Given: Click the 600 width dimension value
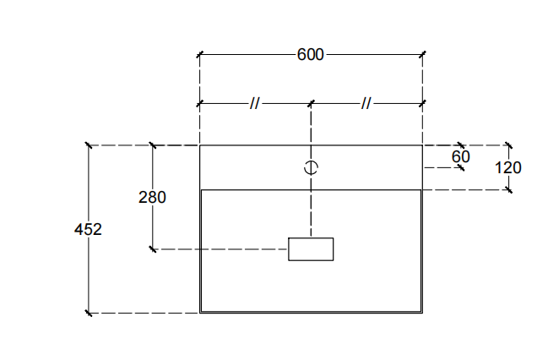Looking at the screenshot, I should coord(311,55).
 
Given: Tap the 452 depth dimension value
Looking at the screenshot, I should coord(88,229).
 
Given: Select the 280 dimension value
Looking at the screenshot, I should coord(152,197).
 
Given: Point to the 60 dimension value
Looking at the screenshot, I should coord(460,156).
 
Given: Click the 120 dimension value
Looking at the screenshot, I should coord(508,167).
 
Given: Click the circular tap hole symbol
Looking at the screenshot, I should coord(311,167).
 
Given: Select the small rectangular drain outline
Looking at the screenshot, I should coord(311,249).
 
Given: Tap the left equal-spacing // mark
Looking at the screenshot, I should coord(254,103).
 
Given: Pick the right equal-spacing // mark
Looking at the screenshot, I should coord(366,103).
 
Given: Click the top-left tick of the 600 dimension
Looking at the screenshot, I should coord(200,55).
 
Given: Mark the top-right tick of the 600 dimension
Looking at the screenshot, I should coord(422,55).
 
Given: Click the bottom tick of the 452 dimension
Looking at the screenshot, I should coord(88,314).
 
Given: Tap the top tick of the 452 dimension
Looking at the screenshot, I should coord(88,145).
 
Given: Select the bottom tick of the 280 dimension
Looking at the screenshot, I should coord(152,249).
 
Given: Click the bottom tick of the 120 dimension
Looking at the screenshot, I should coord(508,189).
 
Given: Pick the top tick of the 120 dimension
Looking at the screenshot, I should coord(508,145).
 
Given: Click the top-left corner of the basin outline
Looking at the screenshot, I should coord(200,145).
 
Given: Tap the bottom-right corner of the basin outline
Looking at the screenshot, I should coord(422,313).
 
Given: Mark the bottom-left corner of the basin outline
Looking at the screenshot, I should coord(200,313).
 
